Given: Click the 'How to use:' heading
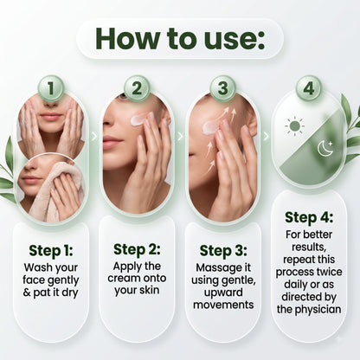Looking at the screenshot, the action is [180, 39].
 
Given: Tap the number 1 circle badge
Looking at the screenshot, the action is [51, 88].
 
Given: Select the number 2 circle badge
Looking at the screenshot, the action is [137, 88].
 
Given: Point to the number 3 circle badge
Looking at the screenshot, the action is [222, 88].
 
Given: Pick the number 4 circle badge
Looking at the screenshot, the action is [309, 88].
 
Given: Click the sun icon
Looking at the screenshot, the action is [294, 126].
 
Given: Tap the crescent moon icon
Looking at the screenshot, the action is [325, 148].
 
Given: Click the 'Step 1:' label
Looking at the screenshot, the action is [51, 251].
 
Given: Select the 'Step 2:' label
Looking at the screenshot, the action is [137, 249].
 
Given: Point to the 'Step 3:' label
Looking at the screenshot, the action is [223, 251].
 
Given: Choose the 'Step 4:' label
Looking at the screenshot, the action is [309, 217].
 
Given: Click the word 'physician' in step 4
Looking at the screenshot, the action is [319, 310].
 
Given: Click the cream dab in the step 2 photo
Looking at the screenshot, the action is [140, 119].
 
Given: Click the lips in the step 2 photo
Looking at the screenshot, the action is [112, 142].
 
